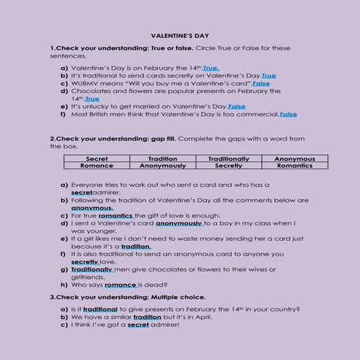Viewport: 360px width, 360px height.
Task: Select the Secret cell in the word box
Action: (96, 158)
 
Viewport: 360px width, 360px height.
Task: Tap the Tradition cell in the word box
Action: (162, 158)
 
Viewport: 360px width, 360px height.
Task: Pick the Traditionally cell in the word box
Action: (228, 158)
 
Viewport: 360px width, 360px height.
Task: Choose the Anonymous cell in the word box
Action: (295, 158)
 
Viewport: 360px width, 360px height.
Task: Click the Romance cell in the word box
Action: (96, 165)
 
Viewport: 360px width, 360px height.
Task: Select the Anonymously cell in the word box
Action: (162, 165)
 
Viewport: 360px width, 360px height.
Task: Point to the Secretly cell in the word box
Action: (228, 165)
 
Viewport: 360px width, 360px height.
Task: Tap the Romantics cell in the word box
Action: (295, 165)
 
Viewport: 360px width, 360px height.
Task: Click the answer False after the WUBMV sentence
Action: (260, 84)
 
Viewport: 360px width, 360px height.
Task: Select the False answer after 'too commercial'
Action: (288, 114)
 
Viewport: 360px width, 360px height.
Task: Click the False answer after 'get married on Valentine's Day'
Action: (236, 106)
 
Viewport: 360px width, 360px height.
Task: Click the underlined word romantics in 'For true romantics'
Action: (116, 215)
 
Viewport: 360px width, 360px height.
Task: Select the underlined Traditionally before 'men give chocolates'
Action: (92, 269)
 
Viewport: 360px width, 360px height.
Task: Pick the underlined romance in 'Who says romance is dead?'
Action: (120, 284)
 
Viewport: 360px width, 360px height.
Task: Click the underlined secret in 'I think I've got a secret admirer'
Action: (137, 324)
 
